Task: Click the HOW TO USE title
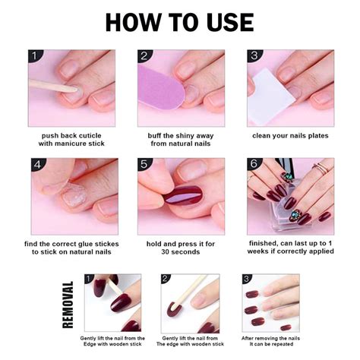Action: coord(179,21)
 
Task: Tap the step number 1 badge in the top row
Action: coord(34,56)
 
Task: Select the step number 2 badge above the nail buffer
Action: coord(144,56)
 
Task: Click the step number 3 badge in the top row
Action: coord(253,56)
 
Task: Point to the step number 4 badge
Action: coord(34,164)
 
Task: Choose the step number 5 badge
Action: coord(144,164)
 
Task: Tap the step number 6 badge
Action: coord(253,164)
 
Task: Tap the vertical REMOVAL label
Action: coord(68,304)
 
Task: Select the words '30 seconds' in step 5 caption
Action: coord(180,254)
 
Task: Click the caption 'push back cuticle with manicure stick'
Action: coord(72,140)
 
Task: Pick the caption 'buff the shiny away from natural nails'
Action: coord(180,140)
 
